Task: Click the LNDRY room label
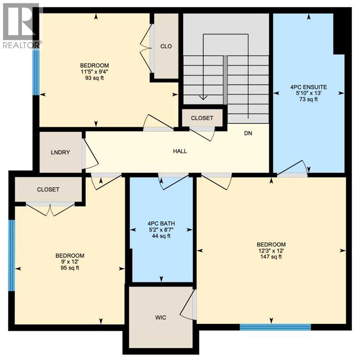tap(60, 152)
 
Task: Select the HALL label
tap(180, 151)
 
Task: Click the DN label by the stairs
tap(248, 133)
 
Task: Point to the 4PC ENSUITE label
tap(308, 87)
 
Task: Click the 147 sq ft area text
tap(271, 256)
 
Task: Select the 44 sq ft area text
tap(161, 236)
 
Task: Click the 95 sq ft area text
tap(70, 268)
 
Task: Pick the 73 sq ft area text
tap(308, 99)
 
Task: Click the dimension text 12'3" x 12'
tap(271, 250)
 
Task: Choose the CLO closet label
tap(166, 46)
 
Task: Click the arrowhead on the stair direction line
tap(203, 97)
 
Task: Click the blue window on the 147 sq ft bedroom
tap(275, 327)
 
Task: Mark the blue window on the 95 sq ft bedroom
tap(12, 256)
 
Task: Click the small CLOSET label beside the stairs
tap(202, 119)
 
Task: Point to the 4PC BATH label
tap(161, 224)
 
